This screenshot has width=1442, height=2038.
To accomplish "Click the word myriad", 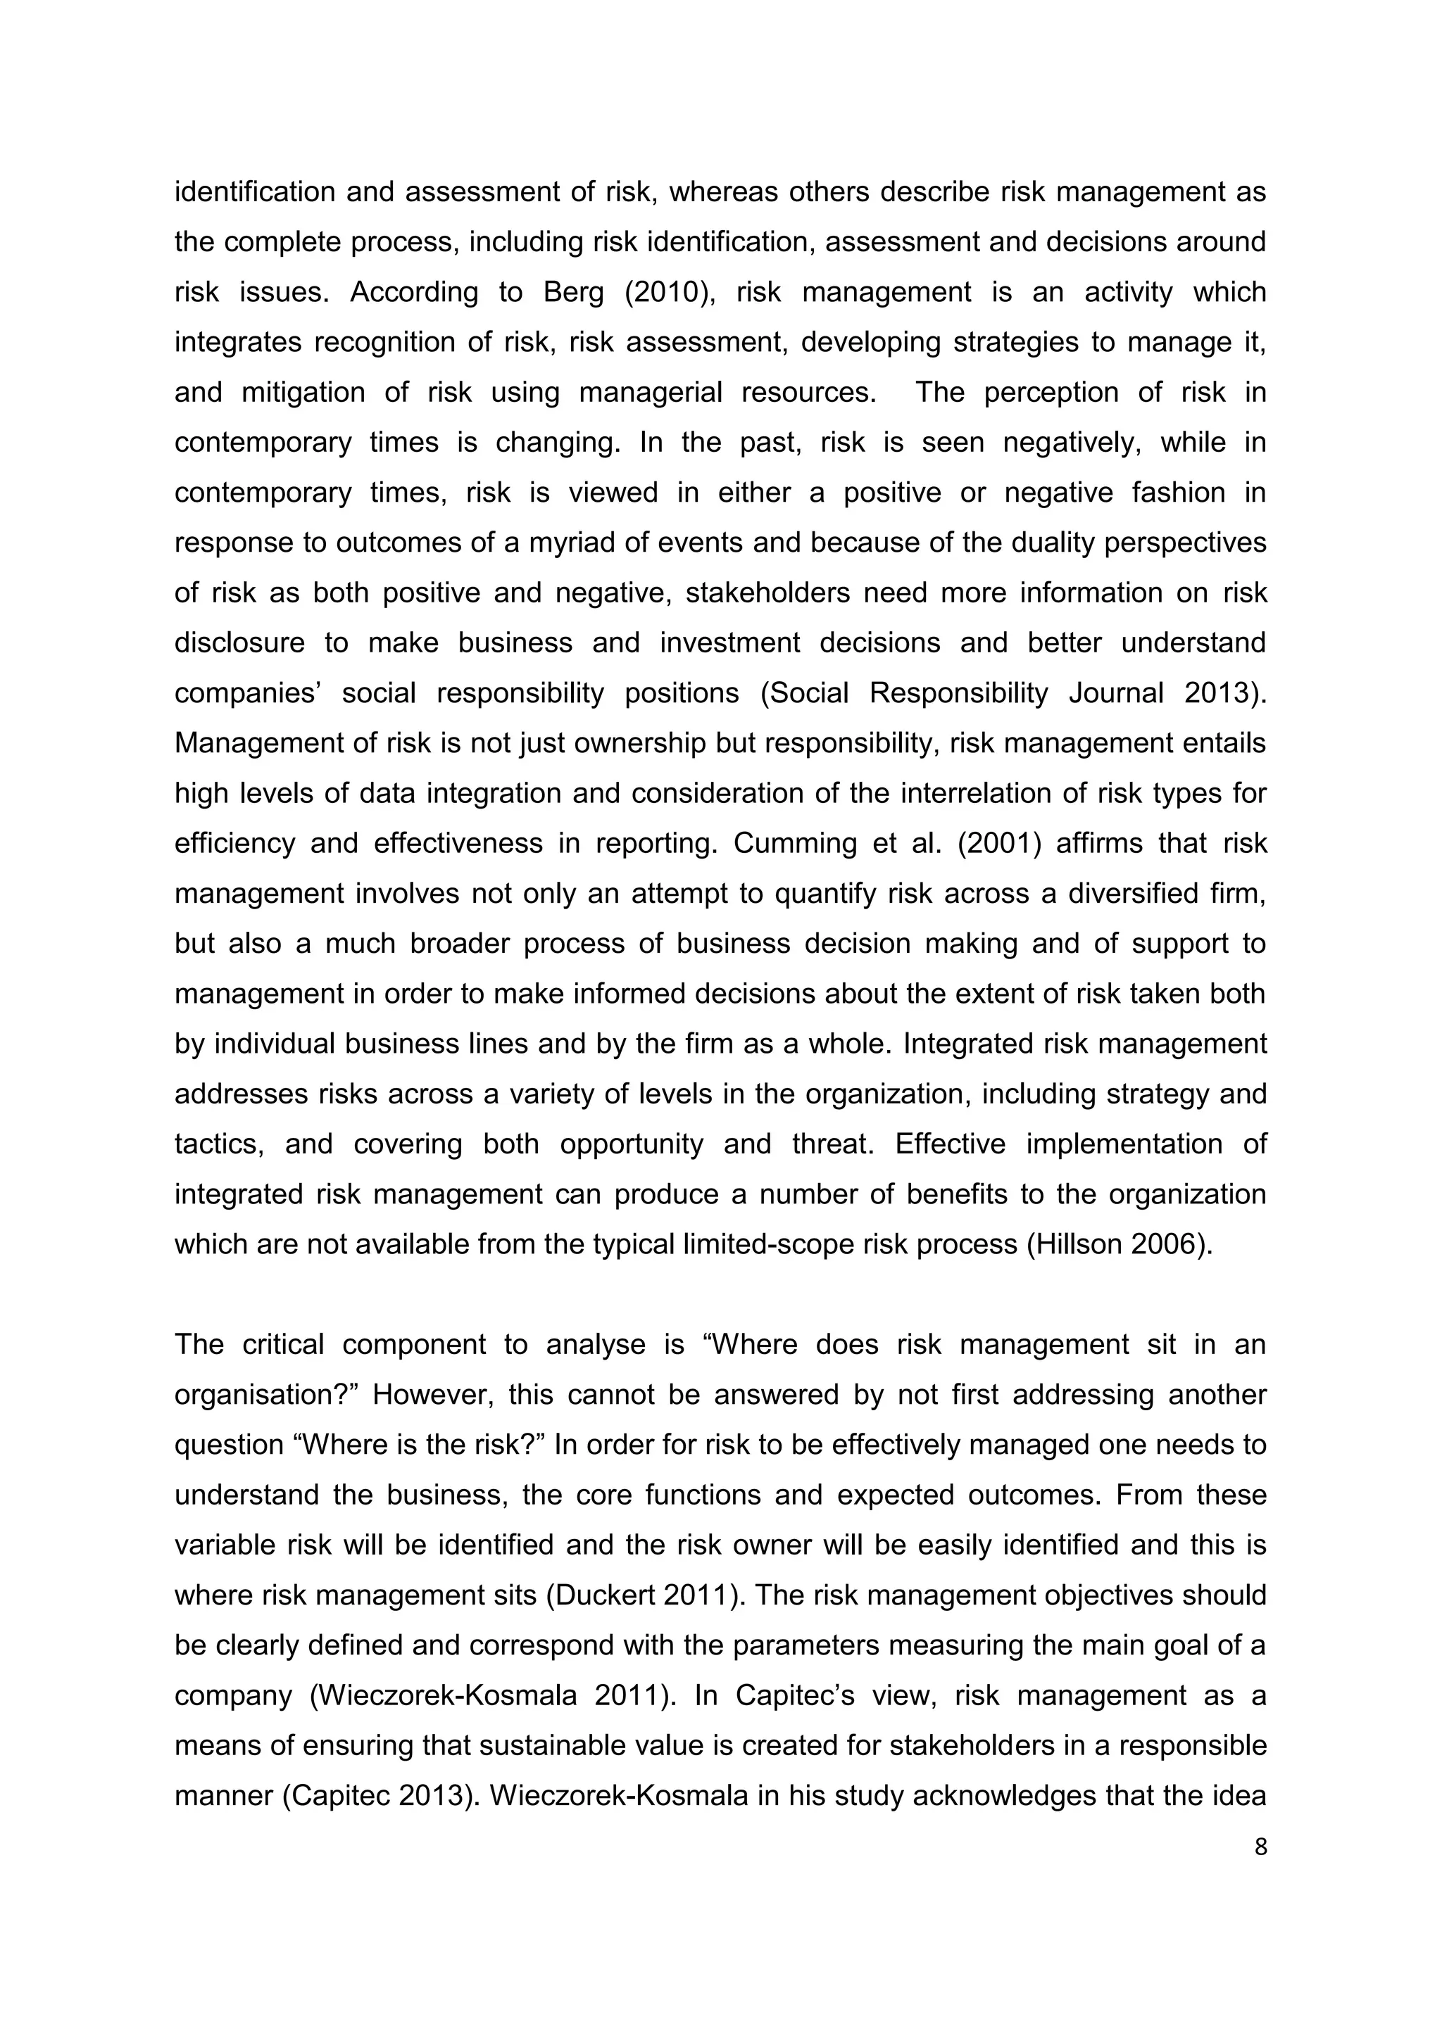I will pyautogui.click(x=569, y=543).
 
